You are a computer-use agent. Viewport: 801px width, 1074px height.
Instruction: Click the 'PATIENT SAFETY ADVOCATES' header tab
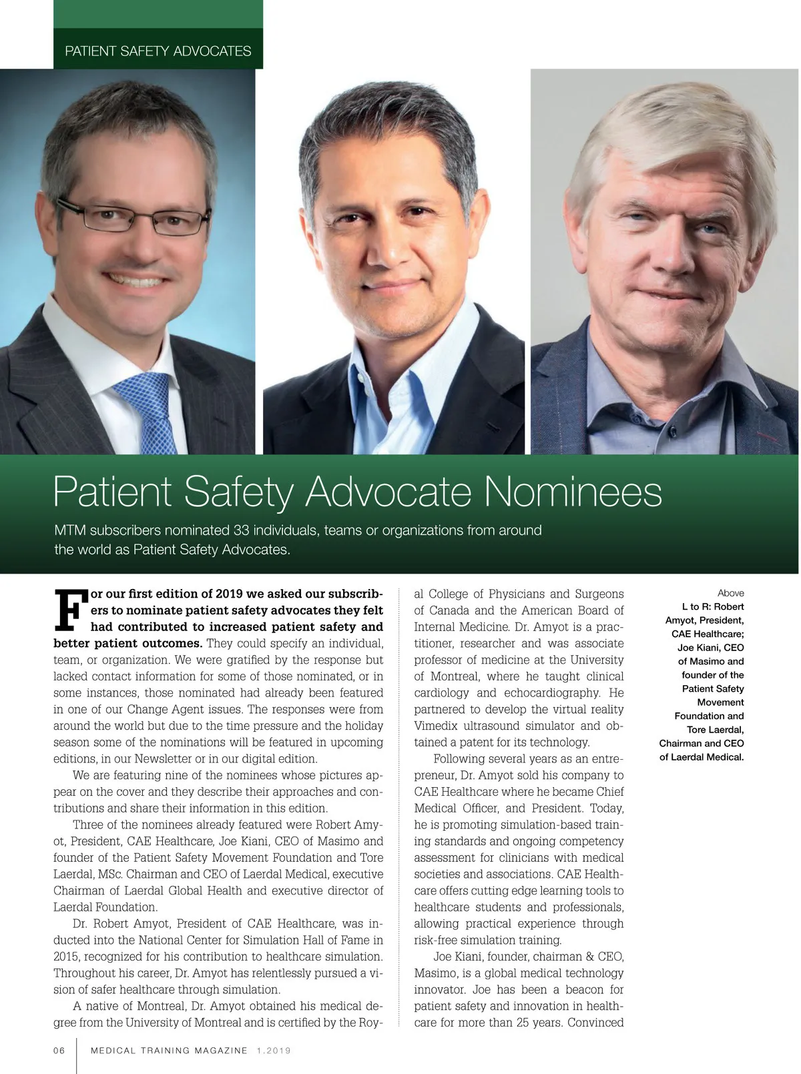158,51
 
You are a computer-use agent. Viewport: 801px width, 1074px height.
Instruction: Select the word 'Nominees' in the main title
573,492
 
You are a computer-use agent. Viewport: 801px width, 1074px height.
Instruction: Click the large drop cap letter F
69,609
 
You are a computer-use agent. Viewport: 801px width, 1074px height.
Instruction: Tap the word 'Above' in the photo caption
730,593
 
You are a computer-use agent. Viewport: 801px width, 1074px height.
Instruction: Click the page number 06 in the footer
59,1051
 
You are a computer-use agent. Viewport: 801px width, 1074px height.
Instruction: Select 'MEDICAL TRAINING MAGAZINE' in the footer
169,1051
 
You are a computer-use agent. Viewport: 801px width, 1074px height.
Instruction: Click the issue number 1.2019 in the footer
274,1051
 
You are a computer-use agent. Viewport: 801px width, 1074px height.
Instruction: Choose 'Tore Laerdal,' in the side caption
715,730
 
